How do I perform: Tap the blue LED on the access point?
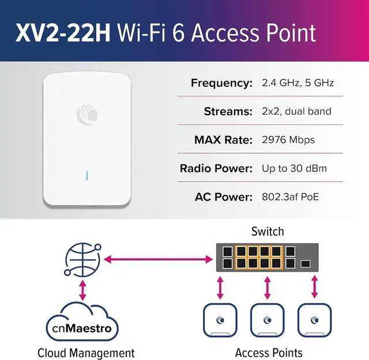pos(87,175)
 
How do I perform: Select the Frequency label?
pos(222,83)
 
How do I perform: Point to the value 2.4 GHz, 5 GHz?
pos(298,83)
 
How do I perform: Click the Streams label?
pos(228,111)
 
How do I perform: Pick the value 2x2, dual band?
pos(296,111)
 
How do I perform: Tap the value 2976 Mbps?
pos(288,140)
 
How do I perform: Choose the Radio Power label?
pos(217,169)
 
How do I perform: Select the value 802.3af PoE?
pos(291,197)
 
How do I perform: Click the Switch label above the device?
pos(268,232)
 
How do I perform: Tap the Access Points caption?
pos(269,353)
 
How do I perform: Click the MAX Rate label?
pos(224,140)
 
